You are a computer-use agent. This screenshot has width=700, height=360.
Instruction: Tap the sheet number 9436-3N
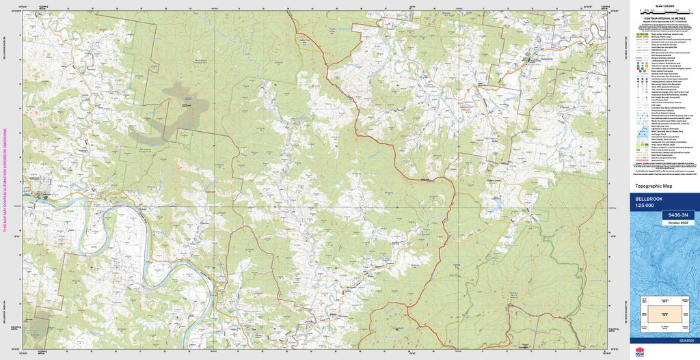[677, 215]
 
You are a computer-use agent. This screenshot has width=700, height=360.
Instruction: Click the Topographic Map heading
[654, 186]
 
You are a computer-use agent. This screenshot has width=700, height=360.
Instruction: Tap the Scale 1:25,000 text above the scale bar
[664, 6]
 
